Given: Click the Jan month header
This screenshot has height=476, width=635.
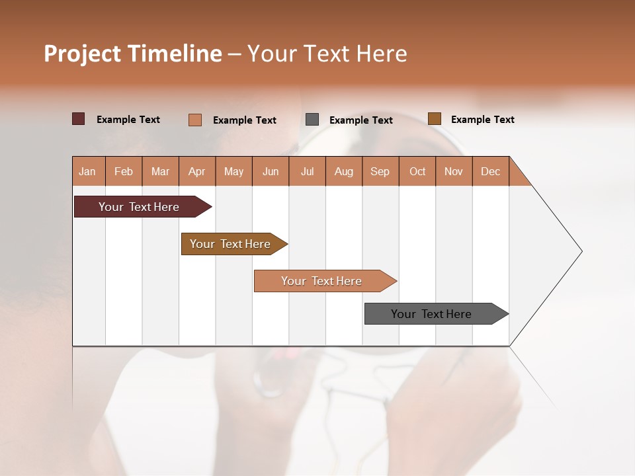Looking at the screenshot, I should pyautogui.click(x=88, y=171).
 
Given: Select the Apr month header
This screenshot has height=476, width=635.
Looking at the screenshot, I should pyautogui.click(x=197, y=171).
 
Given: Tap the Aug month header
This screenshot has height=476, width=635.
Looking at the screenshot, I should pyautogui.click(x=344, y=171).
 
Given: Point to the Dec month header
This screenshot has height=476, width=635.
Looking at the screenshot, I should pyautogui.click(x=490, y=171).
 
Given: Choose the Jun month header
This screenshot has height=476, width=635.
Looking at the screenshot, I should pyautogui.click(x=271, y=171).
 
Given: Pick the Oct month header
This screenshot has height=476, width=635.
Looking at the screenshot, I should pyautogui.click(x=417, y=171).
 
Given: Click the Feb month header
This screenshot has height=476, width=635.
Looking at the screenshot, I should pyautogui.click(x=124, y=171).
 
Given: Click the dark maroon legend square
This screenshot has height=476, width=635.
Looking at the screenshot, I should pyautogui.click(x=79, y=119).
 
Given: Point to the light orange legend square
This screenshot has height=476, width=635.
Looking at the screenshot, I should pyautogui.click(x=195, y=120).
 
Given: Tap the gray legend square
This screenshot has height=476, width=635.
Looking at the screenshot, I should pyautogui.click(x=312, y=120).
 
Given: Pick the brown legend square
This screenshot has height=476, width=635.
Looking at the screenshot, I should pyautogui.click(x=435, y=119).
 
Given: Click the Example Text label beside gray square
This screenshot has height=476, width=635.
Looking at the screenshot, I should pyautogui.click(x=360, y=120).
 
